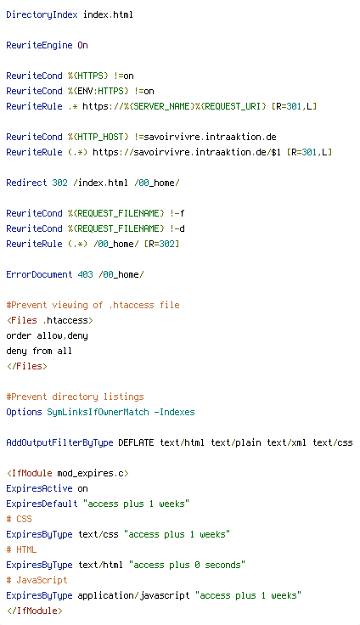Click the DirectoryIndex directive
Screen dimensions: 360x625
(x=42, y=15)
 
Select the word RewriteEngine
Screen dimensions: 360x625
(x=39, y=46)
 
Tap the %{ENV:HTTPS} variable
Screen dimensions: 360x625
(x=98, y=91)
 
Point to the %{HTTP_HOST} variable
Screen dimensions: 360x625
(x=98, y=137)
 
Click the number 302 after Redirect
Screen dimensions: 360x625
(x=59, y=183)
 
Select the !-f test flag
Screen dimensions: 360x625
(x=177, y=214)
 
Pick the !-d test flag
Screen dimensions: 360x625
(x=177, y=228)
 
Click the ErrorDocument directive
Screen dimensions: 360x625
(x=39, y=274)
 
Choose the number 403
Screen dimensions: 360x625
(x=85, y=274)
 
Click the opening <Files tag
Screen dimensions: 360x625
(x=21, y=320)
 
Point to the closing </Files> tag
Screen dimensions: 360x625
(x=26, y=366)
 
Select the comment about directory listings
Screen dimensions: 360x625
(x=75, y=397)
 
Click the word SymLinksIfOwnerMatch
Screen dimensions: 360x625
(x=98, y=412)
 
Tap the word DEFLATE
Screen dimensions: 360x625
(x=137, y=442)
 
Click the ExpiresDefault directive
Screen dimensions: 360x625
(x=42, y=504)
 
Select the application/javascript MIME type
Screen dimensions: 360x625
(x=133, y=595)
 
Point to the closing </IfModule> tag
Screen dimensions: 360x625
(x=34, y=611)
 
